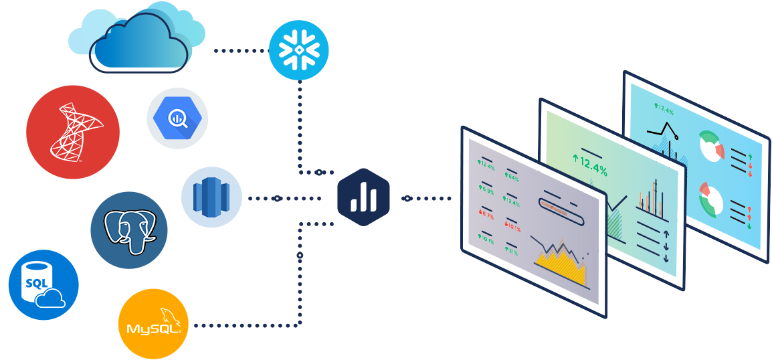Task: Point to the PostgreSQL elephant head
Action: point(130,232)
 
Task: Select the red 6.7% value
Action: point(486,215)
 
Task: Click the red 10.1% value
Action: point(513,227)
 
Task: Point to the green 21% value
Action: point(512,252)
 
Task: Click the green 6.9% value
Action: point(486,191)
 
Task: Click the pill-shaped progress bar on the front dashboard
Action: point(561,213)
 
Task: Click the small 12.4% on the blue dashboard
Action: point(664,109)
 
